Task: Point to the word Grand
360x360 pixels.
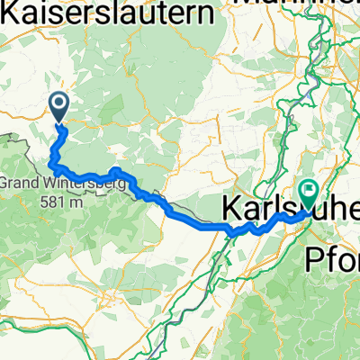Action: click(x=17, y=184)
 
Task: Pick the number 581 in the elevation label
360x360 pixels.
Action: click(x=51, y=202)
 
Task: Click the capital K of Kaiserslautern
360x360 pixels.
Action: click(x=11, y=13)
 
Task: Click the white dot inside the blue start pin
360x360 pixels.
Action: click(x=60, y=104)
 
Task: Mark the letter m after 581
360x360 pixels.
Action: click(x=77, y=202)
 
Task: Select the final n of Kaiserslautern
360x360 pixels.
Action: click(x=209, y=13)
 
